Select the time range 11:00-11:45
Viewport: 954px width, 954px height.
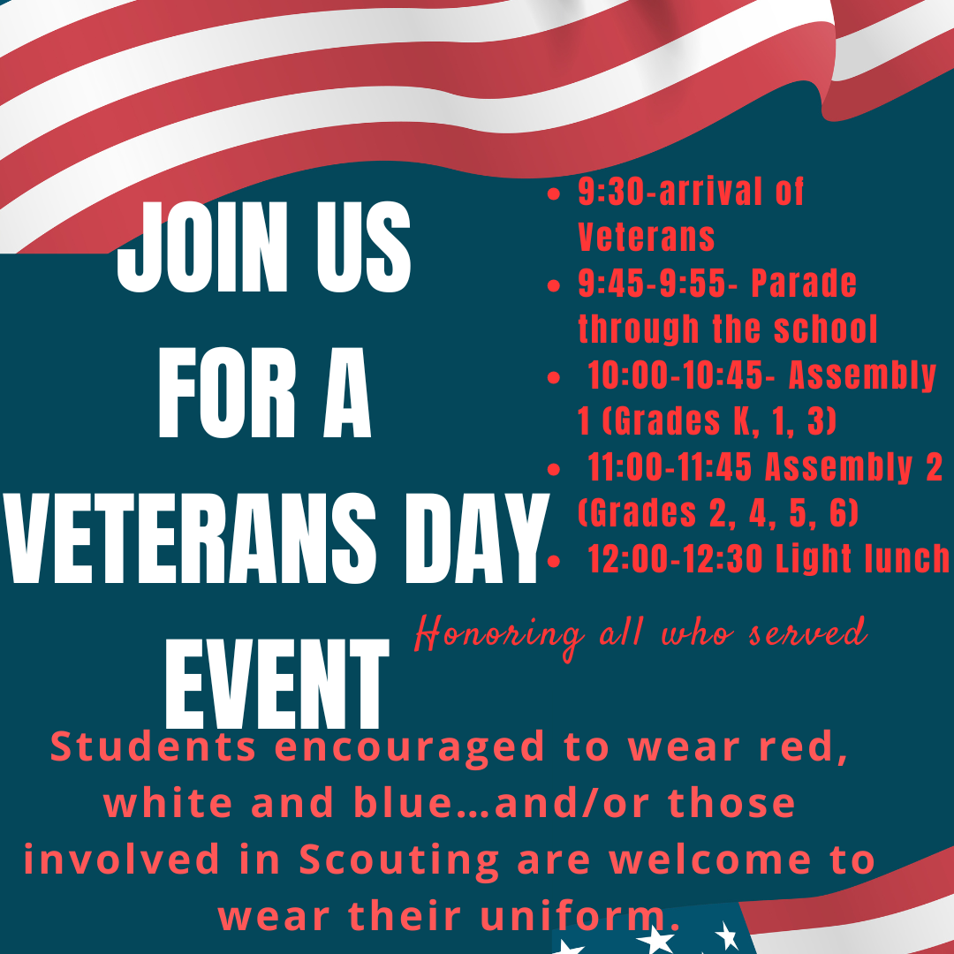point(670,468)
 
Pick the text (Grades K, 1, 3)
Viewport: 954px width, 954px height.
point(707,422)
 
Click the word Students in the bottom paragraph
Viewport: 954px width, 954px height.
point(154,747)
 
